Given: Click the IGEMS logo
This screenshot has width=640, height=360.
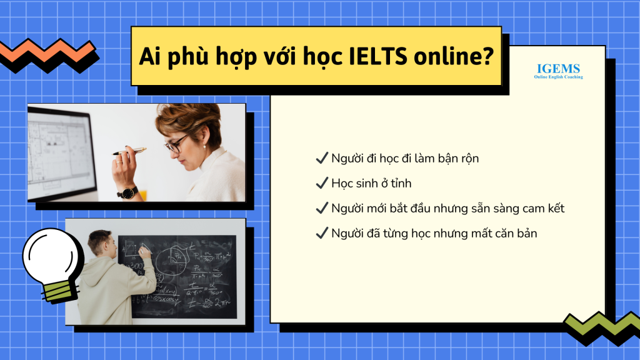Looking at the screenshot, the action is click(558, 71).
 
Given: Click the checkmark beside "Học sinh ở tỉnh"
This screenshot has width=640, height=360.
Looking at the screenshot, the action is click(322, 183).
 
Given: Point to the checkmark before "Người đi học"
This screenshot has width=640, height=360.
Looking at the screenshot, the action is click(322, 158).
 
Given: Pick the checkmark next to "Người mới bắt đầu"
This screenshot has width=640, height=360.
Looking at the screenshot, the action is click(322, 207).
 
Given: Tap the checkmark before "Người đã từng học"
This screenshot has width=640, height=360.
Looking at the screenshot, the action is click(322, 233).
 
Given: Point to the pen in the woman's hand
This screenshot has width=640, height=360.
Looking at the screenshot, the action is click(129, 151).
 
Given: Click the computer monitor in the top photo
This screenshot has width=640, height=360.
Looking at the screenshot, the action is click(61, 153).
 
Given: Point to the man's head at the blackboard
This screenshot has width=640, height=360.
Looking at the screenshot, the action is click(101, 243).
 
